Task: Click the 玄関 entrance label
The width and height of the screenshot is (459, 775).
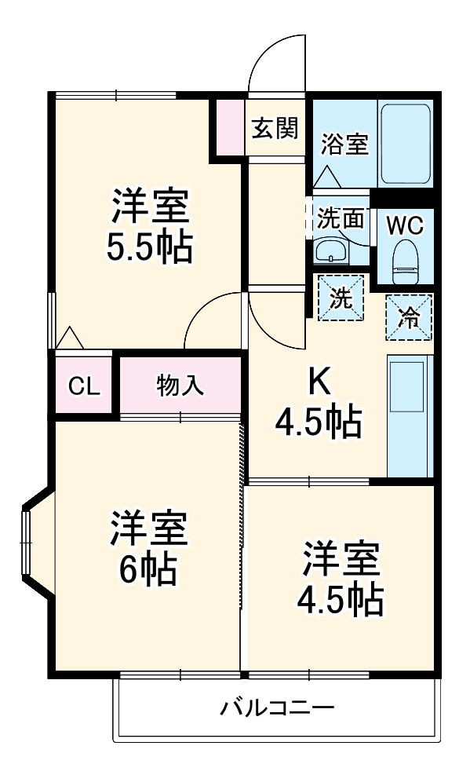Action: coord(275,128)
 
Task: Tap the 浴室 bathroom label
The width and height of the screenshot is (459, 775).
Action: coord(345,144)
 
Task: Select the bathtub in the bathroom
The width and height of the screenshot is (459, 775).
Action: coord(406,142)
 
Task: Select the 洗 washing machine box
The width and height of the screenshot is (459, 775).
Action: coord(341,298)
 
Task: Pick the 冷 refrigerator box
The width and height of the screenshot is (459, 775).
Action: coord(408,317)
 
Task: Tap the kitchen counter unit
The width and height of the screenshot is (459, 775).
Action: coord(410,415)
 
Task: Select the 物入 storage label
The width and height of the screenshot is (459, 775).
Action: coord(180,386)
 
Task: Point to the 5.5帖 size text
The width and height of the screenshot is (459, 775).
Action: coord(149,248)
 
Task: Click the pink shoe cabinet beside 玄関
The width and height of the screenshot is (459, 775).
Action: coord(231,127)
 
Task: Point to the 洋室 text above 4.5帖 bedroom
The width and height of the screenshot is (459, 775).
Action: coord(341,559)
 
